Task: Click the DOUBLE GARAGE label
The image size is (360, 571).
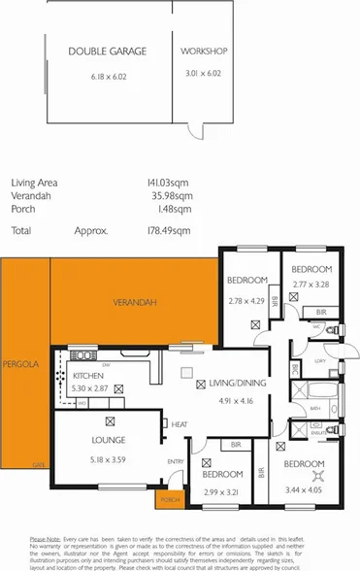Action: tap(107, 50)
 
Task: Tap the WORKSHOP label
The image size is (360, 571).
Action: tap(205, 50)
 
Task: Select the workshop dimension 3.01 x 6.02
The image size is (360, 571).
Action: tap(205, 73)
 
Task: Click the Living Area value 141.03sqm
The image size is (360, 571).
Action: tap(168, 182)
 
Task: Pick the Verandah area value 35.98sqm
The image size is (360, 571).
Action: tap(171, 194)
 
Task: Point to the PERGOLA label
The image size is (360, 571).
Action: tap(19, 364)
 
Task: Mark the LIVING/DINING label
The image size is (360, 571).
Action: tap(237, 384)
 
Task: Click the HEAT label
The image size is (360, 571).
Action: tap(180, 424)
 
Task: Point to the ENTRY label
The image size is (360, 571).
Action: tap(176, 460)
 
